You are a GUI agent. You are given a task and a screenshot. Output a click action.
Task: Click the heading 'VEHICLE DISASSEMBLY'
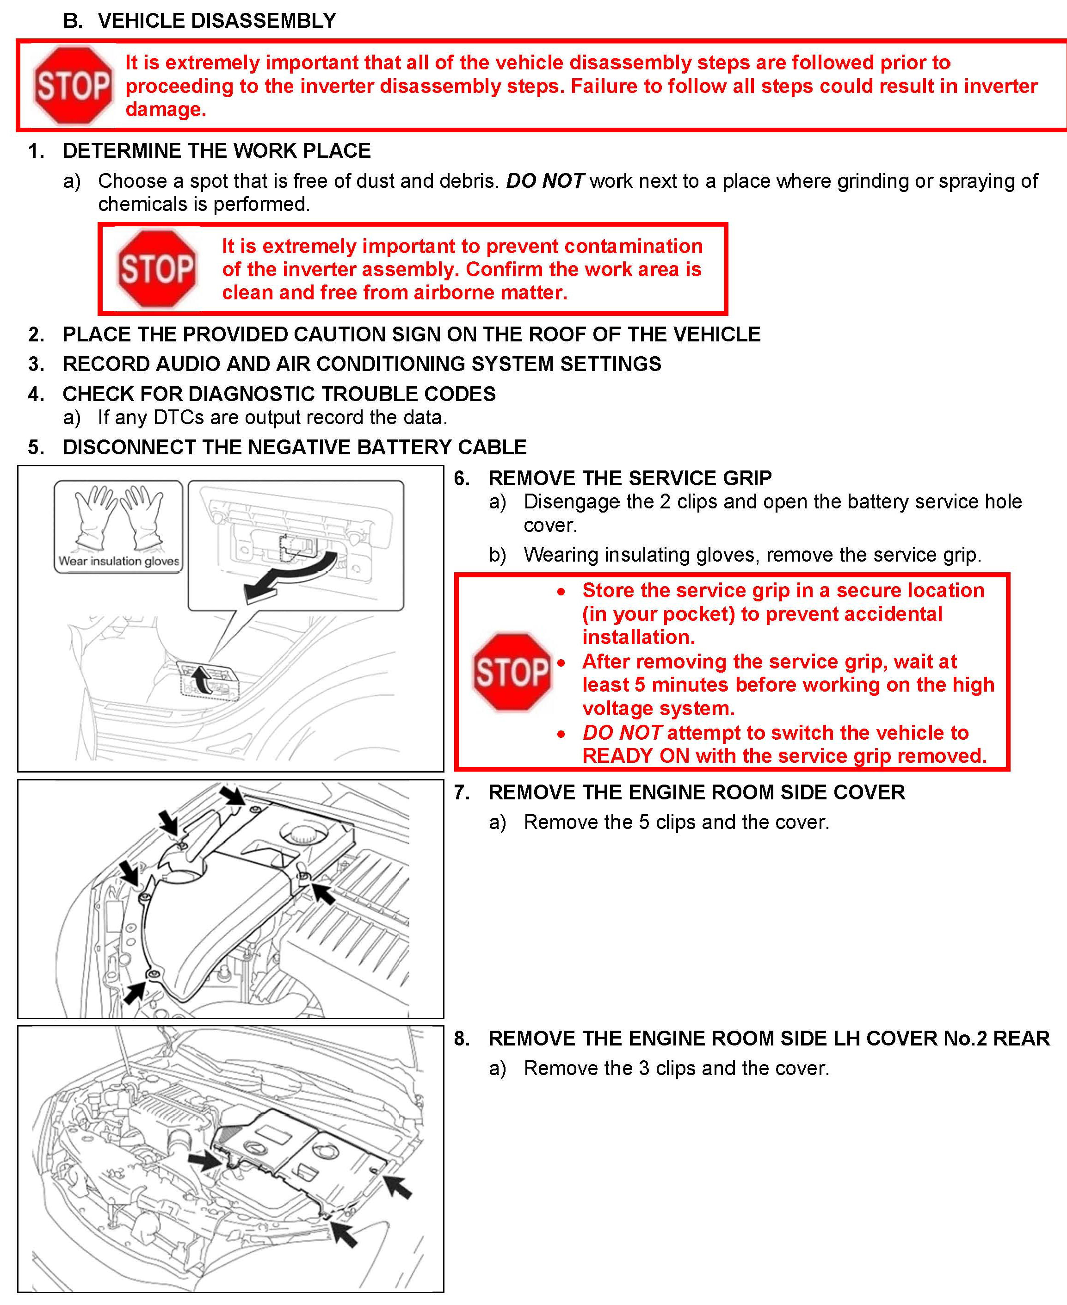coord(216,21)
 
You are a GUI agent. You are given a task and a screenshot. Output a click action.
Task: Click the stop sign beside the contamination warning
coord(157,269)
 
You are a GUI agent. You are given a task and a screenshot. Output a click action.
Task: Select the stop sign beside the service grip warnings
coord(512,671)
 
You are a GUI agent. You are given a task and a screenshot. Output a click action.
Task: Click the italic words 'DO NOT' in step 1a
coord(544,181)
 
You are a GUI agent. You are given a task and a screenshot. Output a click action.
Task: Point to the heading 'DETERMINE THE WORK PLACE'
coord(216,151)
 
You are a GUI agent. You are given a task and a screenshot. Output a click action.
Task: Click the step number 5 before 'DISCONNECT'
coord(36,447)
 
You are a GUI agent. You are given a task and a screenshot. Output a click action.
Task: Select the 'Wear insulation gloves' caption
coord(118,561)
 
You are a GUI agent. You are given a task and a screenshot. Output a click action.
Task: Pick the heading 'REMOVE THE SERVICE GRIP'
coord(629,477)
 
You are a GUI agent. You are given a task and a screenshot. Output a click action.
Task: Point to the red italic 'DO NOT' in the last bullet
coord(622,732)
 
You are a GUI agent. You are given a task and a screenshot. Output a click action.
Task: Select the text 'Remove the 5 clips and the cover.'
coord(676,822)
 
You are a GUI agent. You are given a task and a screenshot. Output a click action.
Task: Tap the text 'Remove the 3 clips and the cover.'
coord(676,1068)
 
